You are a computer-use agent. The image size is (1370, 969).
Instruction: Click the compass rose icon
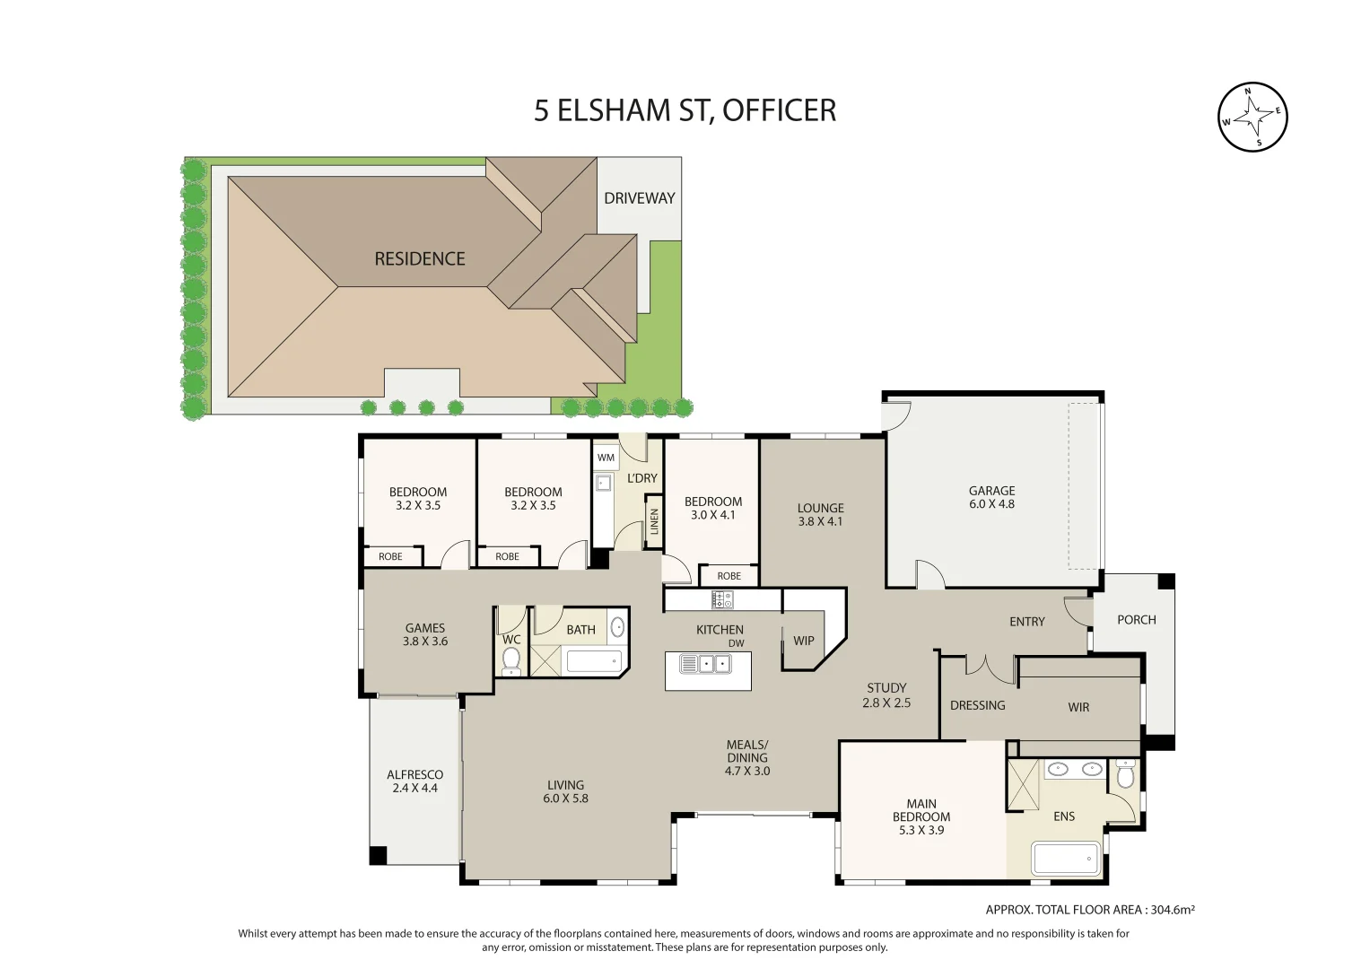1252,117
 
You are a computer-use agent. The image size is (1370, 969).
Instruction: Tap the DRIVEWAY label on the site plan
639,198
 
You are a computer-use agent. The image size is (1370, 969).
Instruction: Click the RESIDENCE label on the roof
420,258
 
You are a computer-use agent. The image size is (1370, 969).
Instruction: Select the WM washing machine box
606,458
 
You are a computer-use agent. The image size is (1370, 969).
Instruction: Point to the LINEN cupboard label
654,522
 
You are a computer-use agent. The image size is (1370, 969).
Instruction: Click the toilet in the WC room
510,660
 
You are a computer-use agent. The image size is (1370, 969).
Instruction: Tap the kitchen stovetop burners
722,599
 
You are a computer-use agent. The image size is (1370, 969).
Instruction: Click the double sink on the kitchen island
706,664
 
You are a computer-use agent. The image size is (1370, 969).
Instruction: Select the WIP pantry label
804,641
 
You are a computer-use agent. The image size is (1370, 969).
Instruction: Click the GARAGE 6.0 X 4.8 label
991,497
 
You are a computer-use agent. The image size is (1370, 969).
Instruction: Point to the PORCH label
1137,620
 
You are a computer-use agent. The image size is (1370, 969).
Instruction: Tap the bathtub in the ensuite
1066,859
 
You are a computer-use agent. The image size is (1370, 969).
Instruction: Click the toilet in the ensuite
1125,773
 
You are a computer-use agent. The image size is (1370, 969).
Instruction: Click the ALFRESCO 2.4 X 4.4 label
414,781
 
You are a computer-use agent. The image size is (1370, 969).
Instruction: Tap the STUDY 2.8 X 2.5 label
886,695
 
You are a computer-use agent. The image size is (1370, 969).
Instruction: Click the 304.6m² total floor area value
1173,910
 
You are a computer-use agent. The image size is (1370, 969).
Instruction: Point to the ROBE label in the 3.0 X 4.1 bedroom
729,576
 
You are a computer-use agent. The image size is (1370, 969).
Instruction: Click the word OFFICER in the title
779,110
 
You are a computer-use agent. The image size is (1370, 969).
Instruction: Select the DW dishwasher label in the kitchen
737,643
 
